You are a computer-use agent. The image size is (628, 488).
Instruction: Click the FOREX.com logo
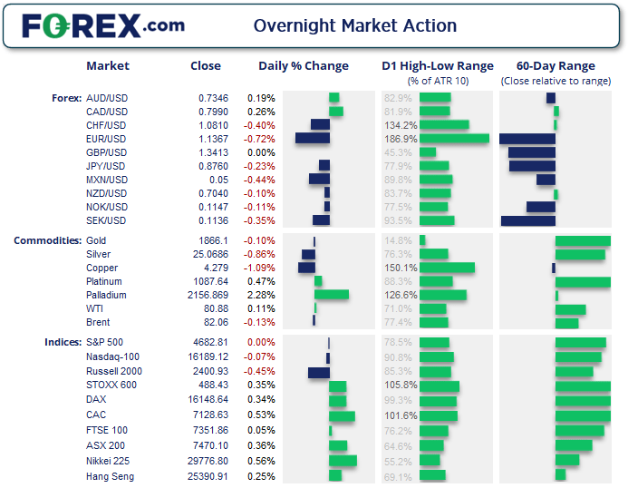103,25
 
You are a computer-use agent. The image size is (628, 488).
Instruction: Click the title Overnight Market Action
355,25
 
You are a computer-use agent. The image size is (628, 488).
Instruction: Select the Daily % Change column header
304,66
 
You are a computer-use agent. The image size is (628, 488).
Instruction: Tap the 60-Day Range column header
556,66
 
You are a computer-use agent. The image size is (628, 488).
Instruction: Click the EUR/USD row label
106,139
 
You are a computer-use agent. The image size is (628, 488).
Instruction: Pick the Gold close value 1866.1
215,240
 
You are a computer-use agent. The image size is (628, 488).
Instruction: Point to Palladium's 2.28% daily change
261,295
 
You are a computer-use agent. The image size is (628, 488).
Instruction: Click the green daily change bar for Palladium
331,295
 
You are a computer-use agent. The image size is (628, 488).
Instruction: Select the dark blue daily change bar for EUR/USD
312,139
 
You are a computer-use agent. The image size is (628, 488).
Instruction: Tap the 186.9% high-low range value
401,139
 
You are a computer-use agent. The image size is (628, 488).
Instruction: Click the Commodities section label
47,240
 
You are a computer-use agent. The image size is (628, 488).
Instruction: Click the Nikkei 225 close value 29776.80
209,462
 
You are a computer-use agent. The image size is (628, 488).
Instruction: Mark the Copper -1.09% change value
261,268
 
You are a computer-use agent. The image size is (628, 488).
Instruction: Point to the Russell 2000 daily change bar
318,372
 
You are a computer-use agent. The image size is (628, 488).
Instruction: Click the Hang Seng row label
110,476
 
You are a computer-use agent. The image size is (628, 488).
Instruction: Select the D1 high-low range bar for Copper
447,268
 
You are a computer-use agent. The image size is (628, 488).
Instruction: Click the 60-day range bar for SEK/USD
527,220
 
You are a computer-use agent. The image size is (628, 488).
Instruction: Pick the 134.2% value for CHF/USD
401,125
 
